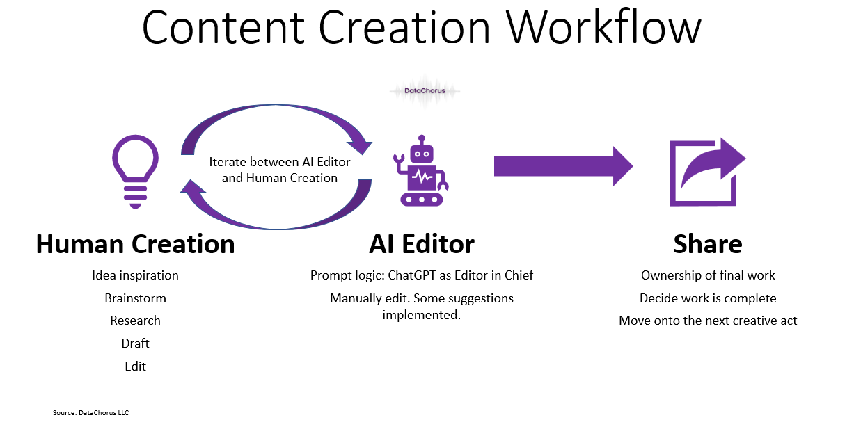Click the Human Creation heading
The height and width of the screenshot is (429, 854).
pyautogui.click(x=135, y=245)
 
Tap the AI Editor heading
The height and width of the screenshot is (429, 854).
pyautogui.click(x=421, y=245)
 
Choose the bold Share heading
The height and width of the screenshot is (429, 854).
pyautogui.click(x=707, y=245)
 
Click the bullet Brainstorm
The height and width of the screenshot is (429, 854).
pyautogui.click(x=135, y=298)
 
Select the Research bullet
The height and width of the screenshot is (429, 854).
pyautogui.click(x=135, y=321)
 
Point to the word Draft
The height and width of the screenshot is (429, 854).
pyautogui.click(x=135, y=343)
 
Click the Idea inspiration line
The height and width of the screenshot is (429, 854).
pyautogui.click(x=135, y=275)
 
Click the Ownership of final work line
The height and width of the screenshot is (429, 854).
pyautogui.click(x=708, y=275)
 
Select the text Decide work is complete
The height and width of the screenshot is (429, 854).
pyautogui.click(x=708, y=298)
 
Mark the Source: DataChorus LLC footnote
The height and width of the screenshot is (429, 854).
pyautogui.click(x=90, y=413)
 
